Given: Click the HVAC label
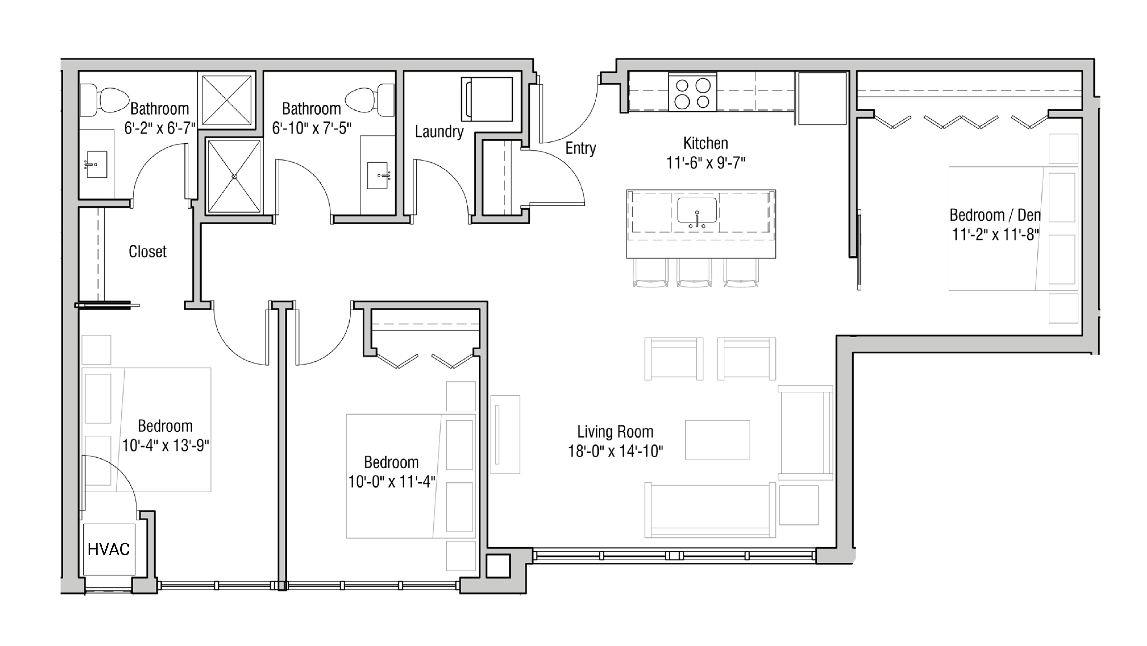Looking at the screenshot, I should [109, 549].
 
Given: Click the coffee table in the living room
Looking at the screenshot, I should [717, 440].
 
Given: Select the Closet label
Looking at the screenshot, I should [147, 252].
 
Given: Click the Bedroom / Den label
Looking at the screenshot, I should [995, 215].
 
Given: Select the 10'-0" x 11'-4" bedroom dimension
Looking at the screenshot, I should [391, 482].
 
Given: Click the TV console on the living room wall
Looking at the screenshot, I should [505, 434].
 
